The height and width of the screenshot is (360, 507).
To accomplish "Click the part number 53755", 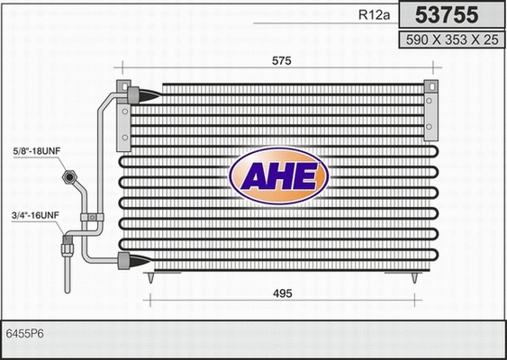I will [446, 15].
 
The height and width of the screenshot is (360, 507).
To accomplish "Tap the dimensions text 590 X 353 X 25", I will [447, 40].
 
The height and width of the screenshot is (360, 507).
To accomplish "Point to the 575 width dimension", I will [281, 60].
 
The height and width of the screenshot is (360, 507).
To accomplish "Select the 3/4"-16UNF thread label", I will [35, 215].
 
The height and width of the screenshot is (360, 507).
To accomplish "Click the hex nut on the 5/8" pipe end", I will [68, 178].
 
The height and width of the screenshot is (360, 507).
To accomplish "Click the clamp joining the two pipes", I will [90, 217].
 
